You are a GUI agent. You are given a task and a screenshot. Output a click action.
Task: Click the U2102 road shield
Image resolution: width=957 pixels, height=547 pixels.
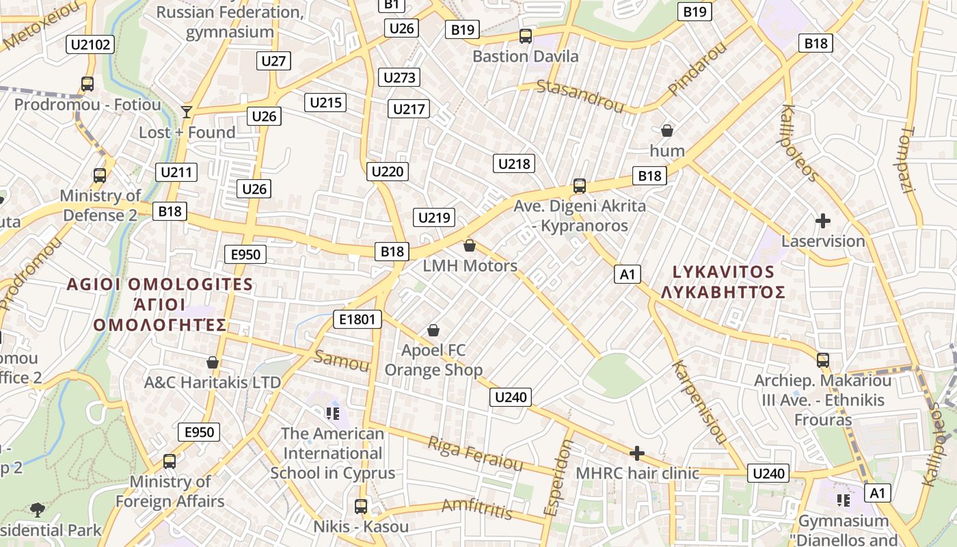coord(90,45)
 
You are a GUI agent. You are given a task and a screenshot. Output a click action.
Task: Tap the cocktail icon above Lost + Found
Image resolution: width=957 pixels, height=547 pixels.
coord(186,111)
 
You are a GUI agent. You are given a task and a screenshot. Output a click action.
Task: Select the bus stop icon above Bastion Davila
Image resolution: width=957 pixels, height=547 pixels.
coord(525,36)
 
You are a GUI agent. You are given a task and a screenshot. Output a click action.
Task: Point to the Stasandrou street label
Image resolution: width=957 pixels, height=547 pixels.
coord(580,96)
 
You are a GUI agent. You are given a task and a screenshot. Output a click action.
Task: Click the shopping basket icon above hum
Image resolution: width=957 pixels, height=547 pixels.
coord(667,130)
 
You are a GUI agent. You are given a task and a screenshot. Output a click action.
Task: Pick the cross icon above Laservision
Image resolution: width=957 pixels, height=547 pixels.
coord(823,221)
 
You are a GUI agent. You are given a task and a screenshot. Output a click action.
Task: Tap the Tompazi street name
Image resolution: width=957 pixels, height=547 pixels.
coord(907,159)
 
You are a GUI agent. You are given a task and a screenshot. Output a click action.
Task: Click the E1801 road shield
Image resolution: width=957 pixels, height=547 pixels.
coord(357,319)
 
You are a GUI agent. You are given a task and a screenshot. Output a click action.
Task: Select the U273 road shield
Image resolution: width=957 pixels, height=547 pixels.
coord(399,77)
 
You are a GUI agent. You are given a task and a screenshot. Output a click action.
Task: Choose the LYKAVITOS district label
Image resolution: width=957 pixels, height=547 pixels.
coord(723,272)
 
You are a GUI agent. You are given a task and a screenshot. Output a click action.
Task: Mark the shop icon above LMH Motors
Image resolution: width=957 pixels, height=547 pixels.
coord(470,245)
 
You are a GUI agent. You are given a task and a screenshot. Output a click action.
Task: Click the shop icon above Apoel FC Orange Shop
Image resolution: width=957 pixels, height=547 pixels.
coord(433,330)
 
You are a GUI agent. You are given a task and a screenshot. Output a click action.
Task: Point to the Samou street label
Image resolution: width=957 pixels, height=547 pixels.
coord(342,360)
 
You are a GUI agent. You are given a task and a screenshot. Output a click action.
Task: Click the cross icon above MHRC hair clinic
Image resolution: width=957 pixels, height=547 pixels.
coord(637,453)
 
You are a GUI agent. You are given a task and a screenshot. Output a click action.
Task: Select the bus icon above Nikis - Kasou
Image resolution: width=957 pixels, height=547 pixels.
coord(361,507)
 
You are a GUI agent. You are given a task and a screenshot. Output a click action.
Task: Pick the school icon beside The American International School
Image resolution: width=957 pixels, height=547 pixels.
coord(333,412)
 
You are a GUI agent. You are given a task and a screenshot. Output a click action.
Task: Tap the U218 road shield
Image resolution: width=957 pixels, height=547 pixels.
coord(513,163)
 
